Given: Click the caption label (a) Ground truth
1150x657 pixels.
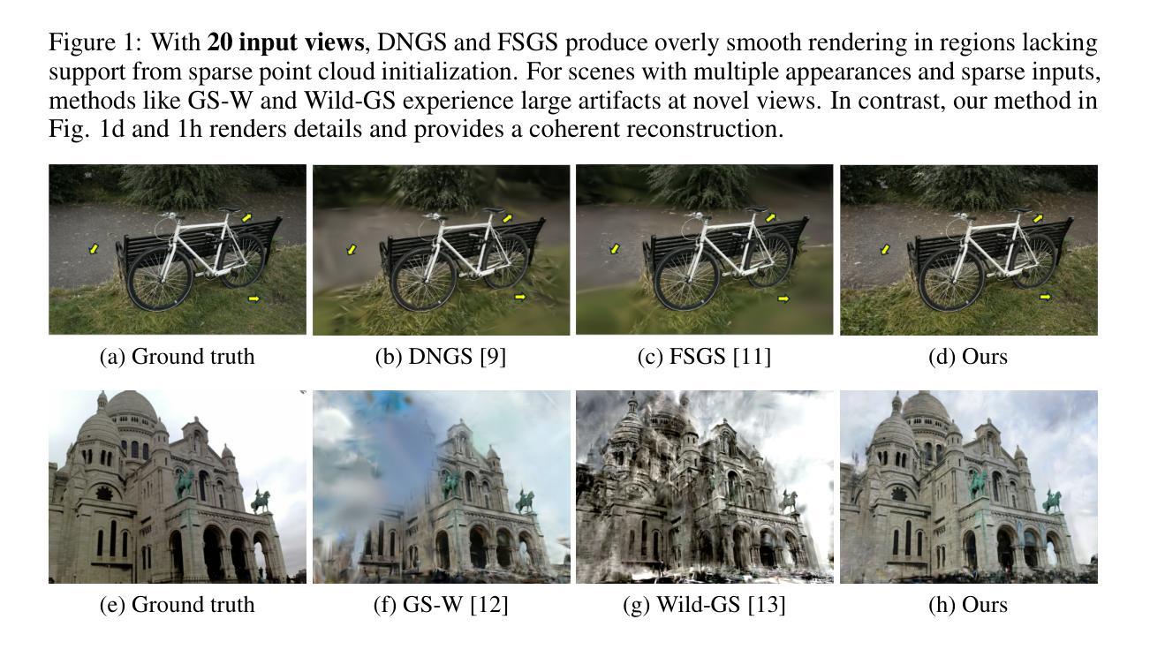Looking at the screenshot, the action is point(178,357).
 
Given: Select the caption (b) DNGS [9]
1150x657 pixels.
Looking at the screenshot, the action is point(441,357).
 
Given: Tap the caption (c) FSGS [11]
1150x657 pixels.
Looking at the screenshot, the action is point(704,357).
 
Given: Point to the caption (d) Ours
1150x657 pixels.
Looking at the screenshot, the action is point(968,357).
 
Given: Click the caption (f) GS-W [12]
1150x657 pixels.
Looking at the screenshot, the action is point(441,605).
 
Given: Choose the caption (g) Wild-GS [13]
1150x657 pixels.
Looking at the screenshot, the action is point(704,605).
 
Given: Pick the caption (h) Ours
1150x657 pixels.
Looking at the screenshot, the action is point(968,605).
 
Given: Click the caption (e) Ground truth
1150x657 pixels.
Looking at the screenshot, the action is point(178,605).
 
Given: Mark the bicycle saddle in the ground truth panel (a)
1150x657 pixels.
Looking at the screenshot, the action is point(227,209).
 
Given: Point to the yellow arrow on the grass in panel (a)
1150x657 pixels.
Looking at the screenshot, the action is point(254,298).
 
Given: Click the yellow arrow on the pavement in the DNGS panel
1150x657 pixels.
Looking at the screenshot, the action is point(352,250).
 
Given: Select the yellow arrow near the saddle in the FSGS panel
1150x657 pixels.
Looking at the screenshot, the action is point(771,217).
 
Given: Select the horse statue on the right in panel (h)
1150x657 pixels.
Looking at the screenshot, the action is point(1053,501).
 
